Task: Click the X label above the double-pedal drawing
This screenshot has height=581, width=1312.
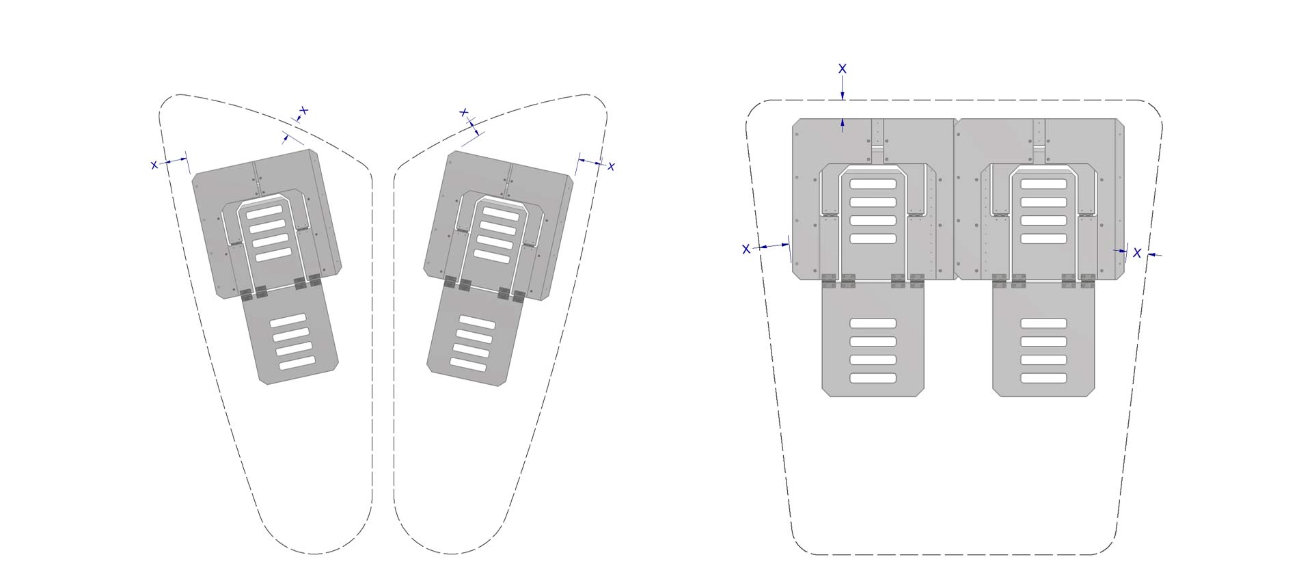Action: (843, 69)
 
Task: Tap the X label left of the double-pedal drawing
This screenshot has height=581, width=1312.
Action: (746, 249)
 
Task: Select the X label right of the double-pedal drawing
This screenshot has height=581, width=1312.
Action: (1137, 253)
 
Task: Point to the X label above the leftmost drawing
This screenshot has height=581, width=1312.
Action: (304, 110)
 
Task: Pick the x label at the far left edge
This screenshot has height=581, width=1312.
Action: (154, 165)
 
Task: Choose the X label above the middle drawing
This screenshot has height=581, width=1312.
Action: (464, 112)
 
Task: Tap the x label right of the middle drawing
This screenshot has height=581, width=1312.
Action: (611, 166)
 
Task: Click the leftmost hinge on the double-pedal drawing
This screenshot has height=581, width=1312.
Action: (830, 280)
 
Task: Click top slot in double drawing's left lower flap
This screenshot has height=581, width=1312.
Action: (873, 323)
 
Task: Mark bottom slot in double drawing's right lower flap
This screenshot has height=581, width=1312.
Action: (1043, 378)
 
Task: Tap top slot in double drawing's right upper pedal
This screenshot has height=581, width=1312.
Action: (1043, 184)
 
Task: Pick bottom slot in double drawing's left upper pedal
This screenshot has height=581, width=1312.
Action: (873, 239)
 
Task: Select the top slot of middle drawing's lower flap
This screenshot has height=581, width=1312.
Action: (477, 321)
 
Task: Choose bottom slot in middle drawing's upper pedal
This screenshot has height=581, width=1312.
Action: (492, 256)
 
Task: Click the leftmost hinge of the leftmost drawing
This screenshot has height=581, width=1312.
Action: (247, 295)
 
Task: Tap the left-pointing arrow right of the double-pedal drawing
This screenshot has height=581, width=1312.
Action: (1155, 255)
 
